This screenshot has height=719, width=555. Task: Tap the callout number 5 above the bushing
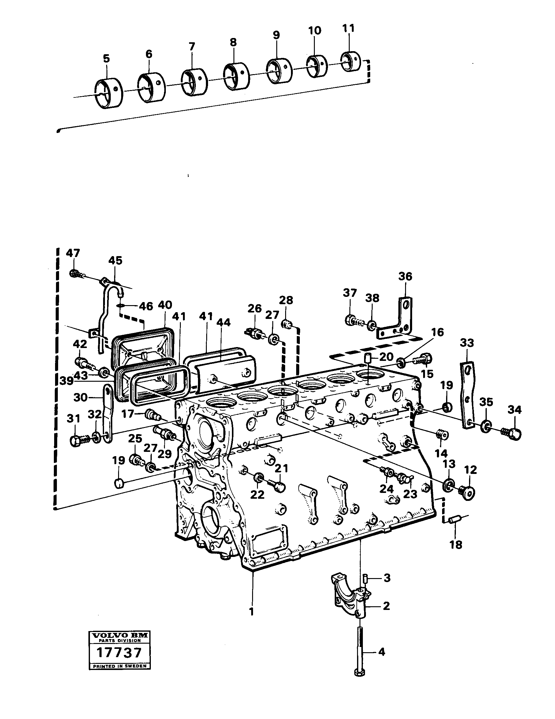pyautogui.click(x=106, y=59)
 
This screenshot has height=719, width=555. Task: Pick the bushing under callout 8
pyautogui.click(x=236, y=76)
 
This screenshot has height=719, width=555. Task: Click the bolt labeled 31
pyautogui.click(x=78, y=440)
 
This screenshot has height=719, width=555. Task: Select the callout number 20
pyautogui.click(x=386, y=357)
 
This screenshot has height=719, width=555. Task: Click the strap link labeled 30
pyautogui.click(x=107, y=413)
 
